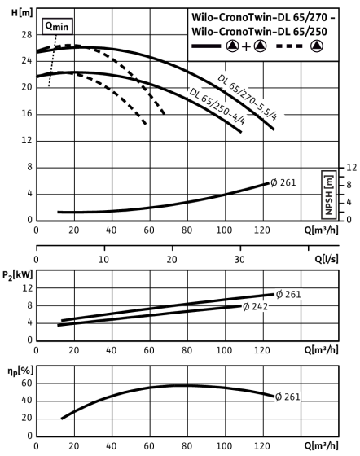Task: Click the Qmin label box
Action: (57, 26)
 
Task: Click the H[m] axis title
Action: (22, 12)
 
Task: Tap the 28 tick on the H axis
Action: (26, 35)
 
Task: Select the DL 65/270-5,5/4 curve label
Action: (248, 97)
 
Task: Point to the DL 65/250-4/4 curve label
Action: (217, 106)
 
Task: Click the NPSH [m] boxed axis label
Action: (329, 195)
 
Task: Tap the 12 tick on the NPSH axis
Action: (352, 168)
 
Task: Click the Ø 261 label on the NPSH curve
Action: (283, 182)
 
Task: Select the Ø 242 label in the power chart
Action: (255, 306)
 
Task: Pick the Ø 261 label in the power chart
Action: (288, 294)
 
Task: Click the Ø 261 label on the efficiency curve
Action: (288, 397)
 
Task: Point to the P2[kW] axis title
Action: (18, 275)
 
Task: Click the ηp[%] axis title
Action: (20, 370)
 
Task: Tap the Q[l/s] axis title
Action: (327, 259)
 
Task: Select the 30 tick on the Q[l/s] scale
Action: (239, 259)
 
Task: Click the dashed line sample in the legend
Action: (289, 46)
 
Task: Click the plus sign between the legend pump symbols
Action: (246, 46)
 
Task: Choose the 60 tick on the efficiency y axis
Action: (26, 384)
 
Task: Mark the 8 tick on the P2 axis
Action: (29, 305)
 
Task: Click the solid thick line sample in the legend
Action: (206, 46)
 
